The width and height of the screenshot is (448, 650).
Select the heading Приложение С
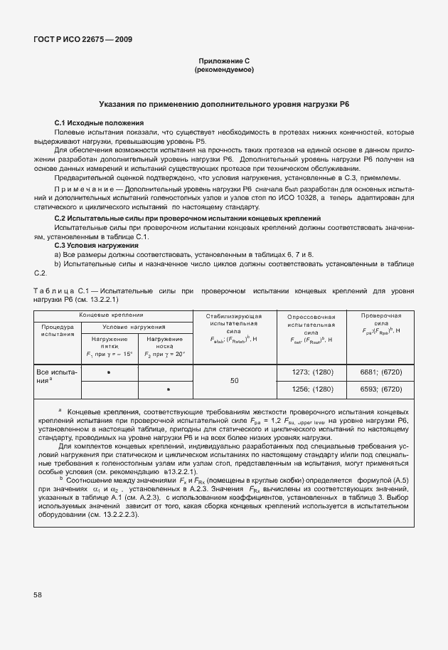click(224, 62)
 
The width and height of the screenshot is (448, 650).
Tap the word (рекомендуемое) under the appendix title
click(224, 70)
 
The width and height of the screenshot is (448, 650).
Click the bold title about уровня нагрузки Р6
click(224, 105)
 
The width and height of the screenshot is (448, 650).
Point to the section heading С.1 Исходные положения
click(99, 122)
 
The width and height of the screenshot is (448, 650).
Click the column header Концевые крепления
click(112, 314)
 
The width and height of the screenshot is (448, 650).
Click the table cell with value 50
click(234, 381)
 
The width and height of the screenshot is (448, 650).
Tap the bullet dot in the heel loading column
click(108, 372)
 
